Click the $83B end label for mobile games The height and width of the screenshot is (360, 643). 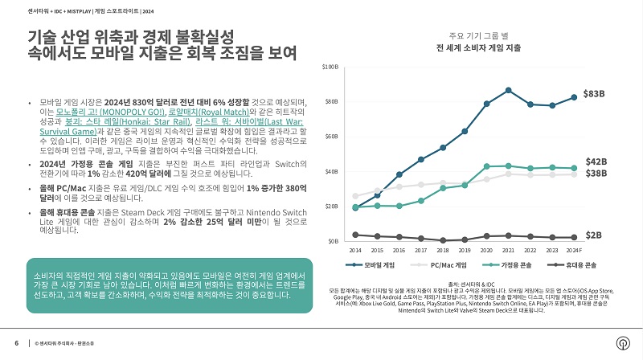pos(594,94)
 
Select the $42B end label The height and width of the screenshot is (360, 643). pos(596,162)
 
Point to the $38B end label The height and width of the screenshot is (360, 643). pos(596,174)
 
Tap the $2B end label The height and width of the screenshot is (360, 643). pos(592,235)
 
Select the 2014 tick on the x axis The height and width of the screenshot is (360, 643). pos(355,251)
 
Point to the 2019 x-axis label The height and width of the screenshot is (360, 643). pos(464,251)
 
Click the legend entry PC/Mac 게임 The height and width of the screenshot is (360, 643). pos(442,264)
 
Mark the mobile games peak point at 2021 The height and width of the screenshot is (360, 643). pos(508,90)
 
